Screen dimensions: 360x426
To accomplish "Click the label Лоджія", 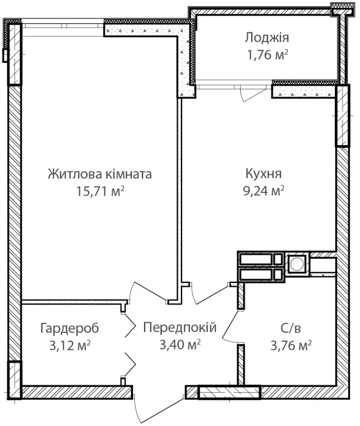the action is coord(266,38).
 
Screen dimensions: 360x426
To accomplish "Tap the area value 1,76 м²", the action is coord(267,54).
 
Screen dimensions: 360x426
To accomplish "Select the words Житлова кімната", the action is coord(100,174).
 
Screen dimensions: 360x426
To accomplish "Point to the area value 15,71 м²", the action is coord(100,191).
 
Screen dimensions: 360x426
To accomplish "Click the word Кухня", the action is coord(264,174).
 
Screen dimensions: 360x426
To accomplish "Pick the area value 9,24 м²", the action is coord(264,191).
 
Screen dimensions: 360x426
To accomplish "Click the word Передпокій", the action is coord(180,327).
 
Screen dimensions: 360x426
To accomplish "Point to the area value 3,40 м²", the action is coord(180,345).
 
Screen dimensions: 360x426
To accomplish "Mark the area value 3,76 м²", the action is coord(291,346).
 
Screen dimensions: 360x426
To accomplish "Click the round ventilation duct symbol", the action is coord(297,264).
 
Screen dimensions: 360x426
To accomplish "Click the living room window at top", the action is coord(63,26).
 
